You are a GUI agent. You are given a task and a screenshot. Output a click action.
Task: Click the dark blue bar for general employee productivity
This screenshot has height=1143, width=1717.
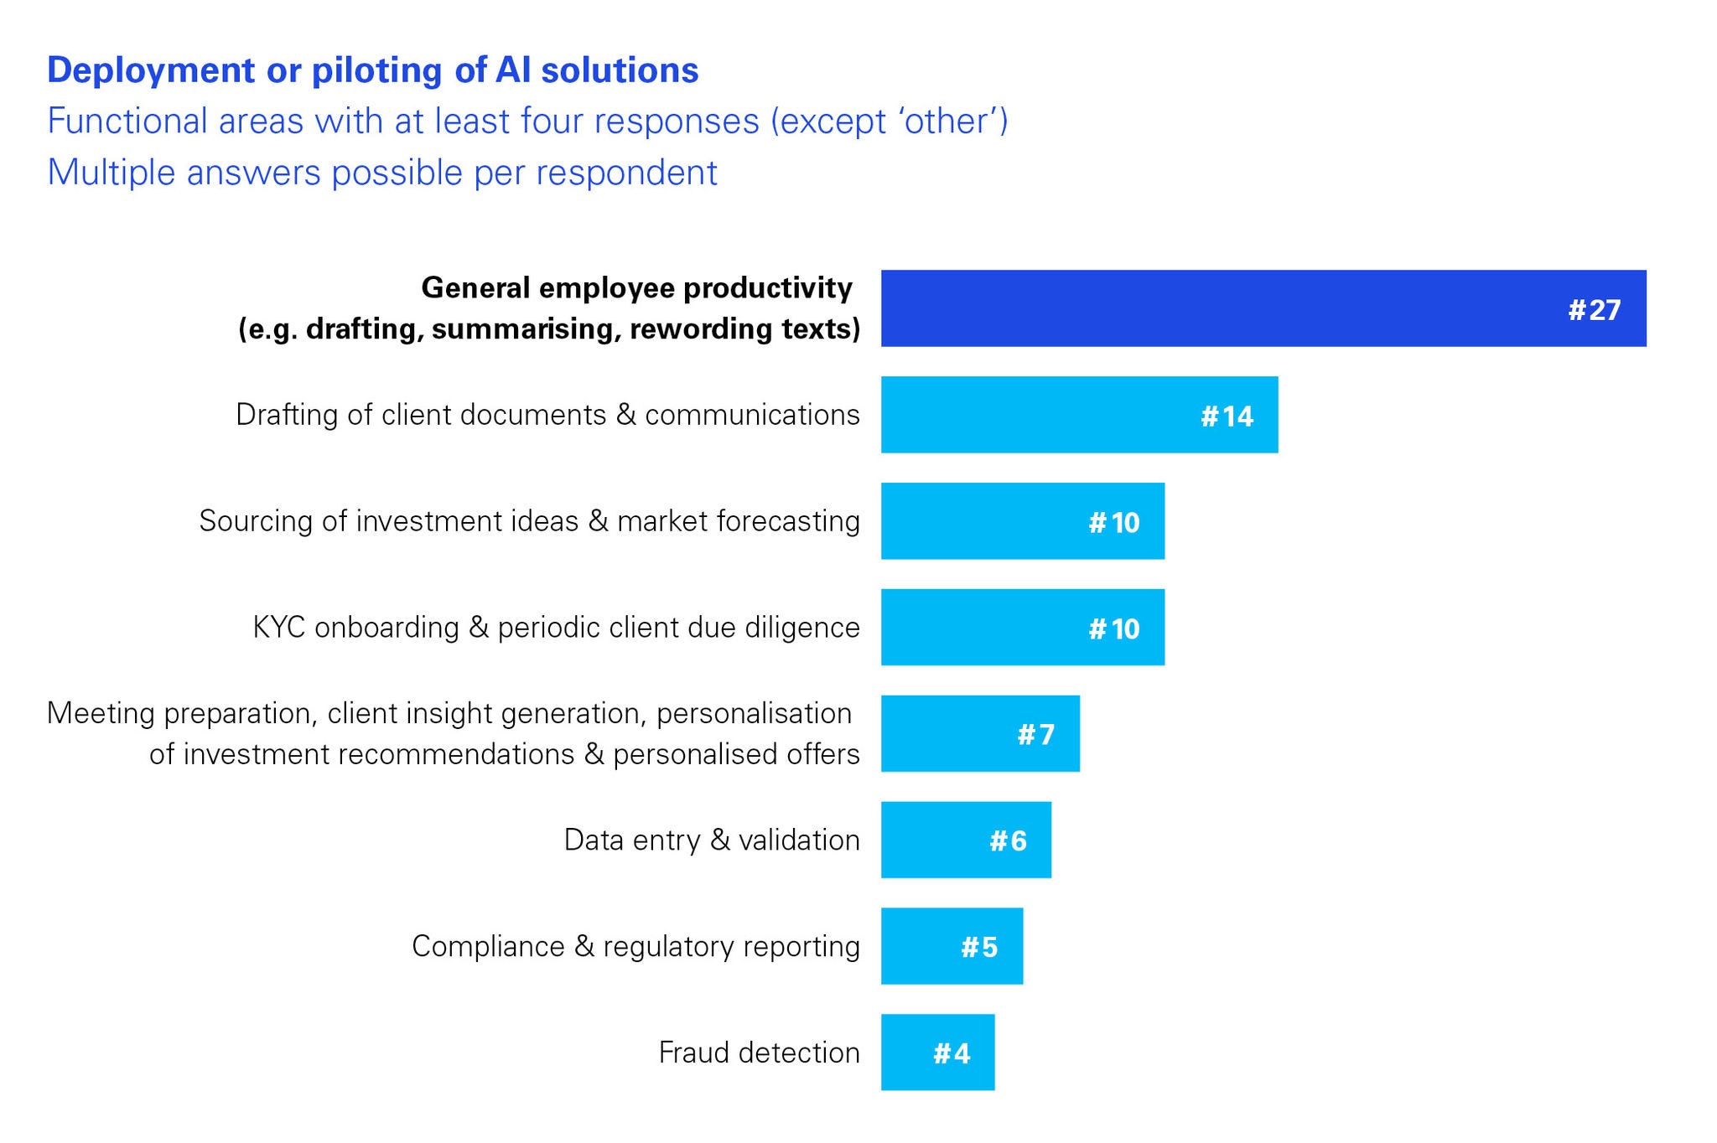pyautogui.click(x=1263, y=308)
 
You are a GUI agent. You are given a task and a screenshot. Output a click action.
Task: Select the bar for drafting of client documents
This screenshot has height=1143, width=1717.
pyautogui.click(x=1080, y=415)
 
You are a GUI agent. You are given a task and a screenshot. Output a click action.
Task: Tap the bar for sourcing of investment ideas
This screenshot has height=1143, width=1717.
pyautogui.click(x=1023, y=521)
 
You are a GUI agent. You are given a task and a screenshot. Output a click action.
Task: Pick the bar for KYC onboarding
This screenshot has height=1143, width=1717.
pyautogui.click(x=1023, y=628)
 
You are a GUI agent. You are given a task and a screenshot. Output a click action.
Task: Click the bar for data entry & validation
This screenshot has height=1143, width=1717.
pyautogui.click(x=966, y=840)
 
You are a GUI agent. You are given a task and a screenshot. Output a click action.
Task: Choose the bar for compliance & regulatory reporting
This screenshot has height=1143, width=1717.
pyautogui.click(x=952, y=946)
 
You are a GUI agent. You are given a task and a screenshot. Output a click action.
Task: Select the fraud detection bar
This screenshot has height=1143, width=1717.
pyautogui.click(x=938, y=1052)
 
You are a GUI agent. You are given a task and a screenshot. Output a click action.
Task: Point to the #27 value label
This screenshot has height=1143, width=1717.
pyautogui.click(x=1595, y=310)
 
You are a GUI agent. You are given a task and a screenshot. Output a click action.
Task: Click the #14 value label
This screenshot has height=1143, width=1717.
pyautogui.click(x=1227, y=416)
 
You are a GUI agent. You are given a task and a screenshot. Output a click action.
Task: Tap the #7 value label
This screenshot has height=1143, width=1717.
pyautogui.click(x=1035, y=735)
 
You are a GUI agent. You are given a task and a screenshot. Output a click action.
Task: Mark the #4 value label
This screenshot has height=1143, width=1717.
pyautogui.click(x=952, y=1053)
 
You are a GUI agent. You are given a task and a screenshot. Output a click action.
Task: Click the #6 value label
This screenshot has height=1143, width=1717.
pyautogui.click(x=1008, y=840)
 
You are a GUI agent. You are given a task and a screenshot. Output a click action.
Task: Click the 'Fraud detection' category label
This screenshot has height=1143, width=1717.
pyautogui.click(x=760, y=1052)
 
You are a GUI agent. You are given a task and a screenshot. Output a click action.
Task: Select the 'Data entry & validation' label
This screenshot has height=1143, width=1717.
pyautogui.click(x=712, y=840)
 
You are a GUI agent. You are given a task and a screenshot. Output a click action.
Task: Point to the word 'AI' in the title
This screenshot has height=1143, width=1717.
pyautogui.click(x=513, y=70)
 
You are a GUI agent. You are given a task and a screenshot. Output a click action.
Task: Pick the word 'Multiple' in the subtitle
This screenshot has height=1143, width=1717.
pyautogui.click(x=112, y=173)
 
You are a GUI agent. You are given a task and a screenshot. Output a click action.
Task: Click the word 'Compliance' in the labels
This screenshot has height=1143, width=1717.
pyautogui.click(x=488, y=947)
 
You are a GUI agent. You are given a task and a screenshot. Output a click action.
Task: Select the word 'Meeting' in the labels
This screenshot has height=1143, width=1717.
pyautogui.click(x=101, y=714)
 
